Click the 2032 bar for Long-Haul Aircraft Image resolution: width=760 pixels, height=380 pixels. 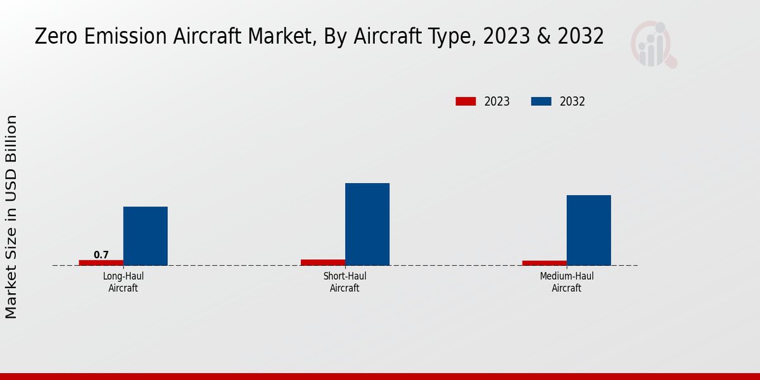(145, 236)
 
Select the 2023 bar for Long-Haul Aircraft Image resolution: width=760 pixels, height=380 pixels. (101, 262)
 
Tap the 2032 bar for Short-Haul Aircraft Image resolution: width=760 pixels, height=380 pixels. (367, 224)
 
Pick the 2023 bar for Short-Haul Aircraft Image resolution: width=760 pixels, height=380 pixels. (323, 262)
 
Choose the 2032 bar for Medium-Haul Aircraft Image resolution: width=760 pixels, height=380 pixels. (588, 230)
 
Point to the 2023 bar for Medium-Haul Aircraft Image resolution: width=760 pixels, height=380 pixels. (545, 263)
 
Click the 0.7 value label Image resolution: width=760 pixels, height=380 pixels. (101, 255)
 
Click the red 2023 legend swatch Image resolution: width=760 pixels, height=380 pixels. (465, 101)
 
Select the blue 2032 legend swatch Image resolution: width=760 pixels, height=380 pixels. (541, 101)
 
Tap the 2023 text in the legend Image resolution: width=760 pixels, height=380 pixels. (497, 101)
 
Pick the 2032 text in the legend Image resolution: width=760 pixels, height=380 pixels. (573, 101)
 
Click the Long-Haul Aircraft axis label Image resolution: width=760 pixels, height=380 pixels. (123, 282)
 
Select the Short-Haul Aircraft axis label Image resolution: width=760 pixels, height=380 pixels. (345, 282)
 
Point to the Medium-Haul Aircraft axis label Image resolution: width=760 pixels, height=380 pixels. (566, 282)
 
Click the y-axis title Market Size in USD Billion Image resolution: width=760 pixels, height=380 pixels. (11, 217)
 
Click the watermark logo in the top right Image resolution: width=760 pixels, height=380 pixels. (653, 44)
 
